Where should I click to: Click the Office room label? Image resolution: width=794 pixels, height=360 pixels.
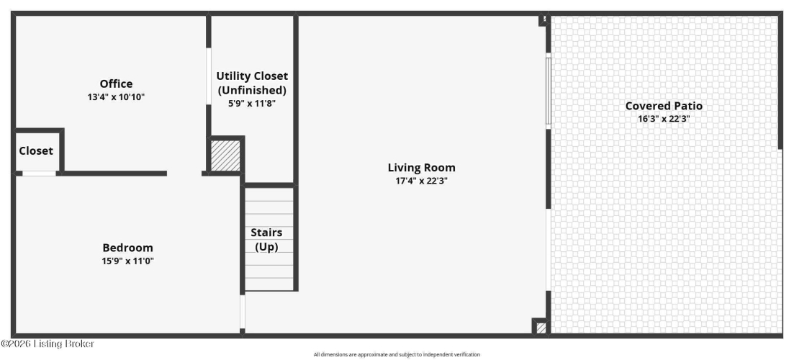(116, 84)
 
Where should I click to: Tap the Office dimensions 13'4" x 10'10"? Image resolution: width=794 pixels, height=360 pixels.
(116, 96)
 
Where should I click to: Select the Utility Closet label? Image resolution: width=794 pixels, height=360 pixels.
(252, 76)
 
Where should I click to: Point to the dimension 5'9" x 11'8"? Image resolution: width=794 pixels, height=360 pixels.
(252, 103)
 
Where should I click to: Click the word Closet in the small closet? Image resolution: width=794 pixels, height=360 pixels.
(36, 151)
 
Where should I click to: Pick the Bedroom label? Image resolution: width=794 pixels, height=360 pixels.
(127, 248)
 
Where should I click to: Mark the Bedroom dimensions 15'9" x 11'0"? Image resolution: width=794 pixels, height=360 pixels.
(127, 261)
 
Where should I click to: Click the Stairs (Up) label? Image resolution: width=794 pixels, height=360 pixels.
(267, 240)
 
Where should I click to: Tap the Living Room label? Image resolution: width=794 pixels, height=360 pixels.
(422, 168)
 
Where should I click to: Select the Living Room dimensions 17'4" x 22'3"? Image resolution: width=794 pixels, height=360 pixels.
(422, 181)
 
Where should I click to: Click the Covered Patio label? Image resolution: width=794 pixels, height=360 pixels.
(664, 106)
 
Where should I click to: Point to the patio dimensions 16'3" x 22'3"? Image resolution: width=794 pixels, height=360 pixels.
(664, 119)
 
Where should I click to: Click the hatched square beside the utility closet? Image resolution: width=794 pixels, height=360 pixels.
(225, 156)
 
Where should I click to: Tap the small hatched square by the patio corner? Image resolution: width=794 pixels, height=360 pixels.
(541, 328)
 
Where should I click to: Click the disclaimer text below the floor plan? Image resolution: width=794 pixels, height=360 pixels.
(397, 354)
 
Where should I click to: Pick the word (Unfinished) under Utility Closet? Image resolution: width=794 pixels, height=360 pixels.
(252, 90)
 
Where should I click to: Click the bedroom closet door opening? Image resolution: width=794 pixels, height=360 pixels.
(39, 174)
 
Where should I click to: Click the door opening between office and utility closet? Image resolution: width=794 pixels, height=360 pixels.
(209, 76)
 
